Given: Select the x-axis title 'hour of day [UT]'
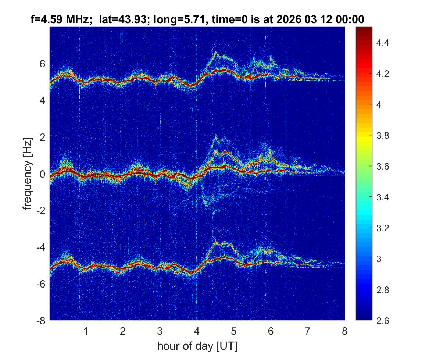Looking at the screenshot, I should pyautogui.click(x=197, y=346).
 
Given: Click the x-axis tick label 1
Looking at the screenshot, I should pyautogui.click(x=86, y=331).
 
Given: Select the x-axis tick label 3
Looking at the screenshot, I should pyautogui.click(x=160, y=331).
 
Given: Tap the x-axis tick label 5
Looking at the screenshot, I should pyautogui.click(x=234, y=331).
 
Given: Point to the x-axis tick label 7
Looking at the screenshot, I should pyautogui.click(x=308, y=331).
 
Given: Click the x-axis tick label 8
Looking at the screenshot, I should pyautogui.click(x=344, y=331).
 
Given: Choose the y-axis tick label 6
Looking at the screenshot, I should pyautogui.click(x=43, y=64).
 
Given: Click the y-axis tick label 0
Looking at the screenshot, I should pyautogui.click(x=43, y=174).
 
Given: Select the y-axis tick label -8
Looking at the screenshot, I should pyautogui.click(x=40, y=321).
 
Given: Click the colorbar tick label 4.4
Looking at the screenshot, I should pyautogui.click(x=382, y=43).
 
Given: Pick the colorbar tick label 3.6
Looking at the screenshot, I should pyautogui.click(x=382, y=167).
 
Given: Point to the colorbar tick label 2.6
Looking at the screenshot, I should pyautogui.click(x=382, y=321).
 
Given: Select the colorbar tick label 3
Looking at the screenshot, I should pyautogui.click(x=379, y=259).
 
